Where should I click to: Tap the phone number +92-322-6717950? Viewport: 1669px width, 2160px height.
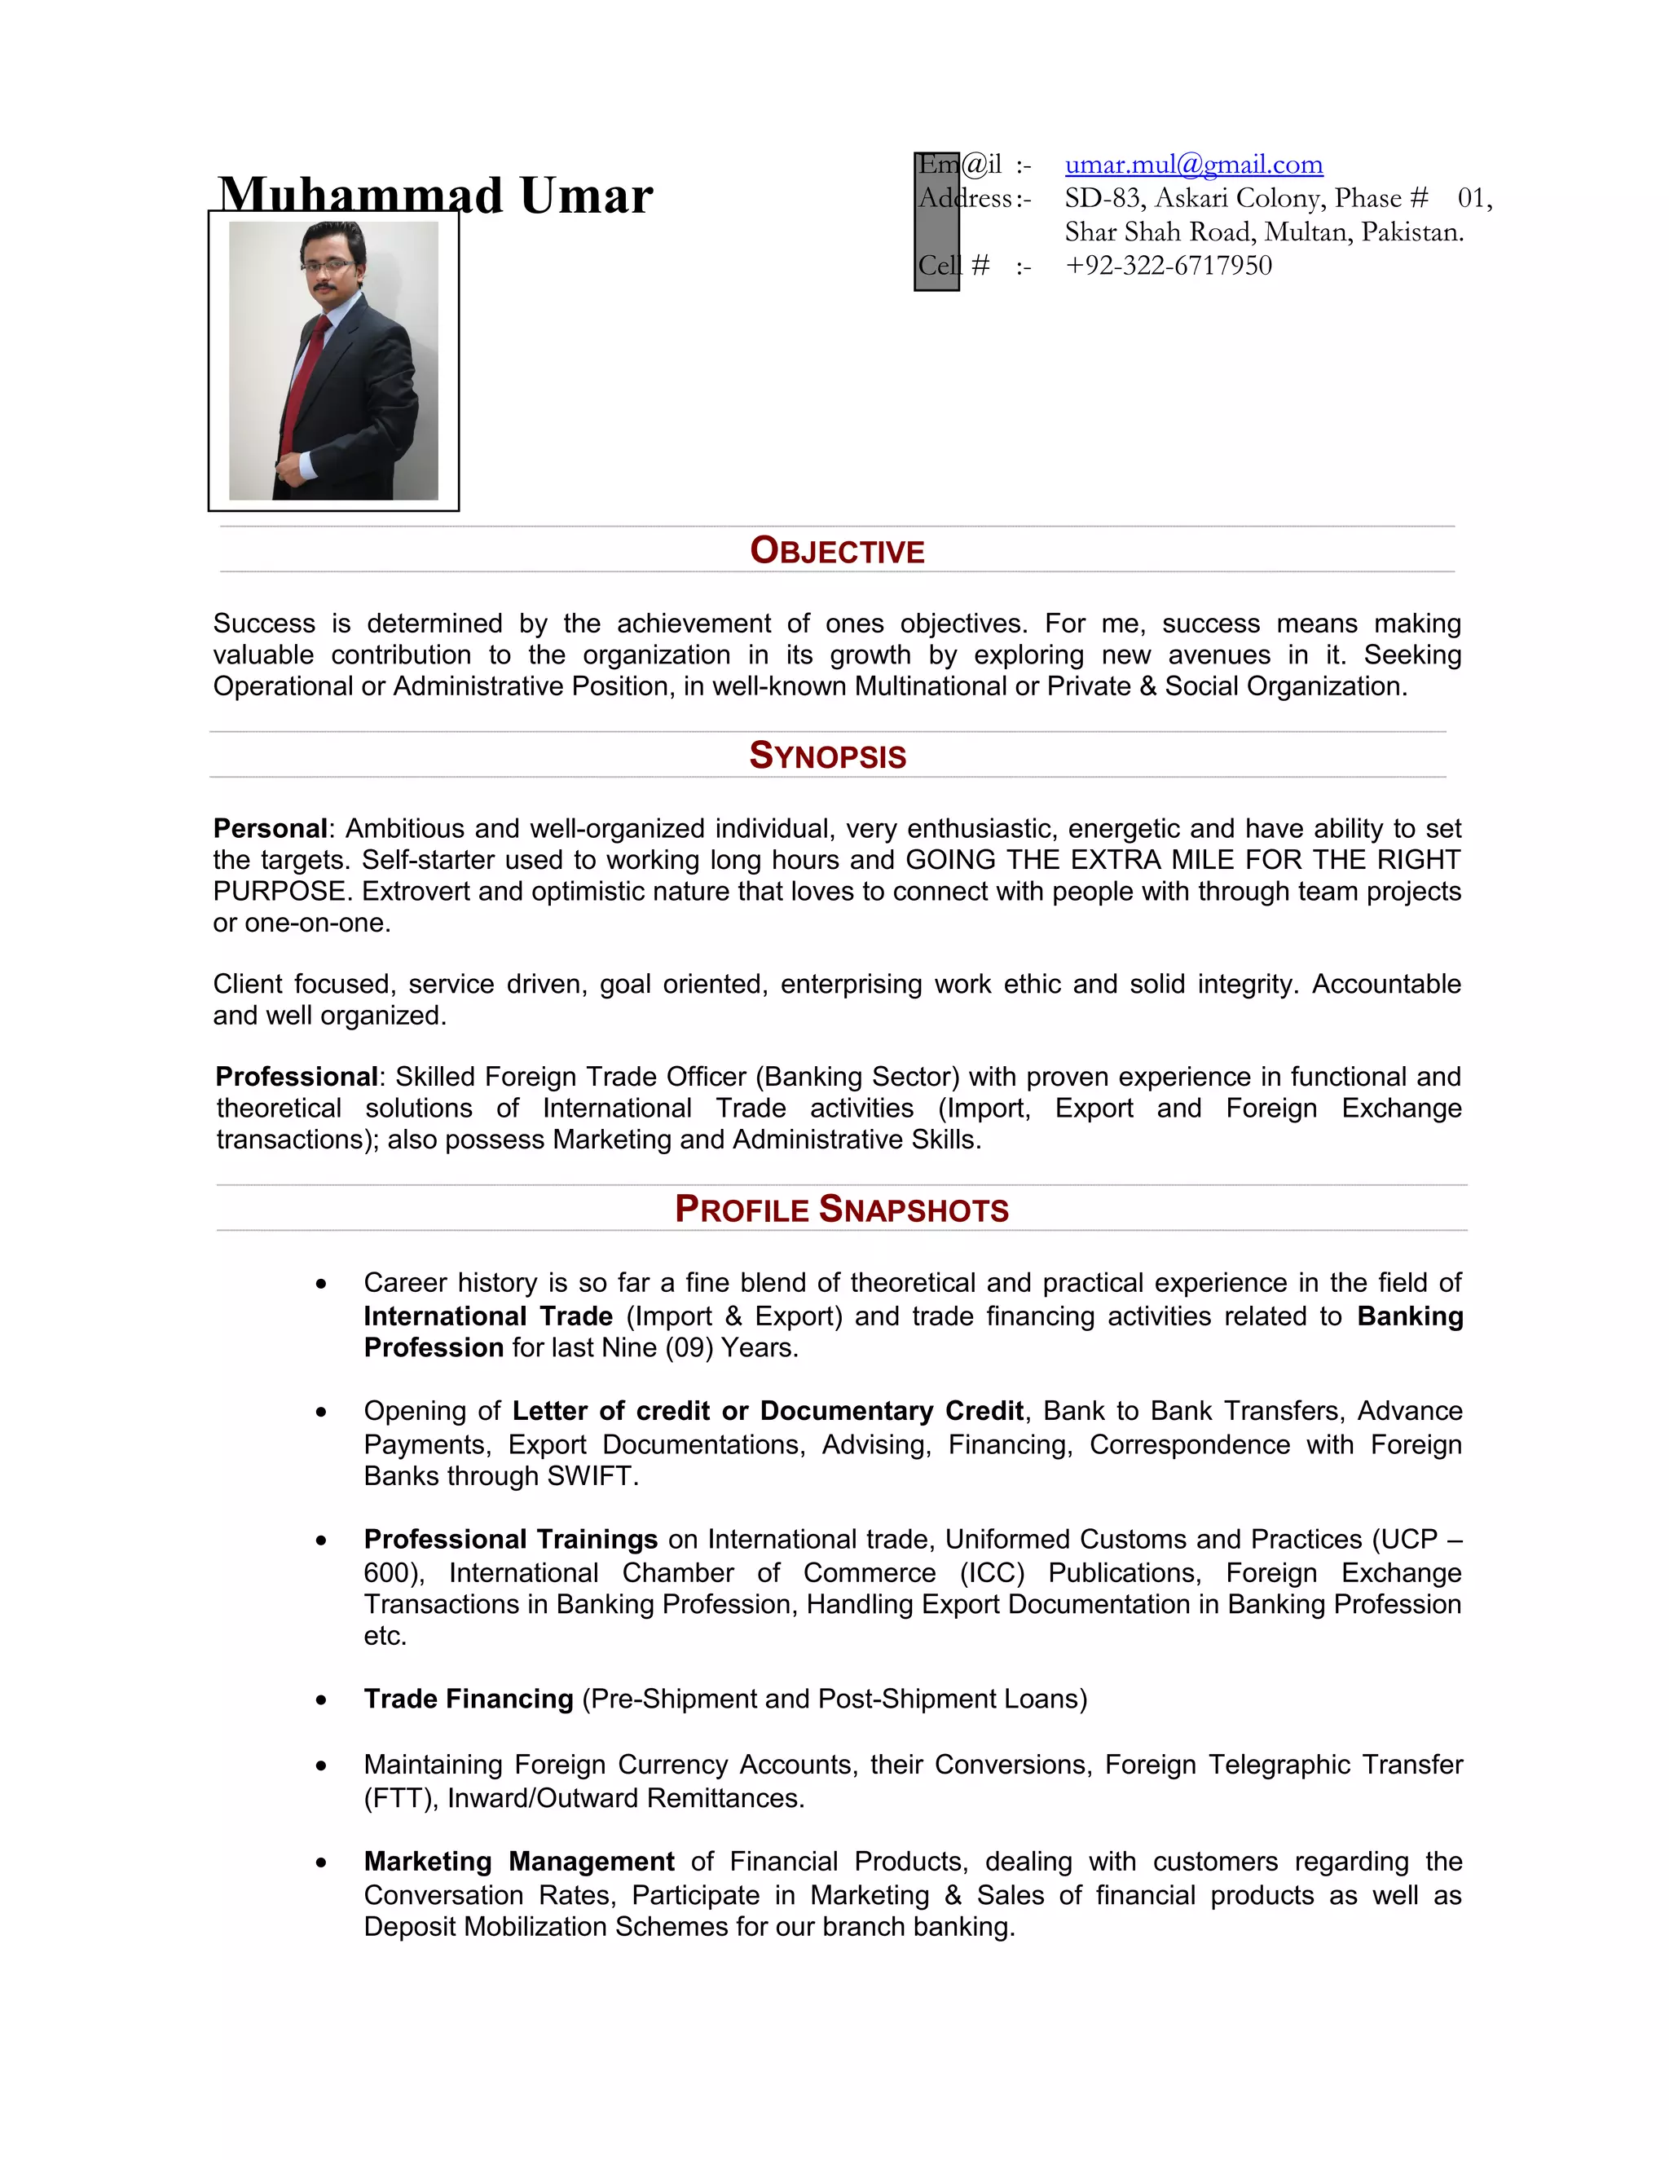pyautogui.click(x=1168, y=265)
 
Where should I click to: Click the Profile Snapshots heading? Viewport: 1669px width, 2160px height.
pyautogui.click(x=841, y=1209)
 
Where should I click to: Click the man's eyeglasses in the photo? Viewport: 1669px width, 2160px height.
pyautogui.click(x=326, y=265)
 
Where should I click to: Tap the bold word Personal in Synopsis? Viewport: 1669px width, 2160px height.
pyautogui.click(x=270, y=828)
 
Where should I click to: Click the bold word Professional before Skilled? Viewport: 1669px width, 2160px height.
pyautogui.click(x=297, y=1076)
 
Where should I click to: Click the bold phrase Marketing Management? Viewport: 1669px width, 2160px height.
pyautogui.click(x=519, y=1862)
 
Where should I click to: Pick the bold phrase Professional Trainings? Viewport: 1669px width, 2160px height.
pyautogui.click(x=510, y=1539)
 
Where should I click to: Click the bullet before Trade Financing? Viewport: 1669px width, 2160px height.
pyautogui.click(x=321, y=1700)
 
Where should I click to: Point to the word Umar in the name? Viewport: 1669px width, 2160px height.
pyautogui.click(x=585, y=196)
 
